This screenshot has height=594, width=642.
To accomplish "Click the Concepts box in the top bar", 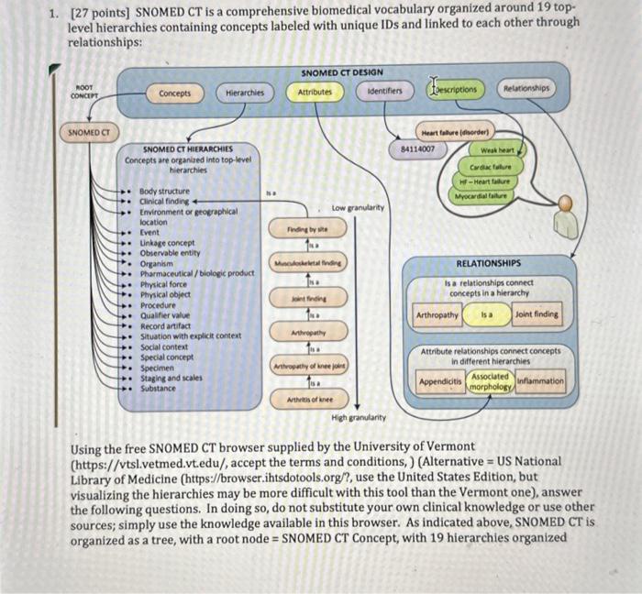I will click(x=174, y=93).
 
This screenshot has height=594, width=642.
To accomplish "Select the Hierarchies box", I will click(x=245, y=93).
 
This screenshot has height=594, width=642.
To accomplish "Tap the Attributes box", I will click(x=315, y=92).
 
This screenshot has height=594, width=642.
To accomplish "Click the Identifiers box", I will click(x=384, y=92).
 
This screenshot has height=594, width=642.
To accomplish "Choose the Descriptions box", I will click(x=454, y=90).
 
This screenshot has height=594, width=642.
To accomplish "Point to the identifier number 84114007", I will click(x=418, y=148).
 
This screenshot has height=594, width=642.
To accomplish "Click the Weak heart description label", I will click(x=496, y=150).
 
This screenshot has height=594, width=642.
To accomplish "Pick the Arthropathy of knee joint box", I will click(x=310, y=367).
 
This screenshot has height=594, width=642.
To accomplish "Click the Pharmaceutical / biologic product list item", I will click(x=196, y=272).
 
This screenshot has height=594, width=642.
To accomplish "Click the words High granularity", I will click(x=359, y=417).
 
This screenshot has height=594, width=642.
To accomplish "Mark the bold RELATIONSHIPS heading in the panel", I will click(x=488, y=262).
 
